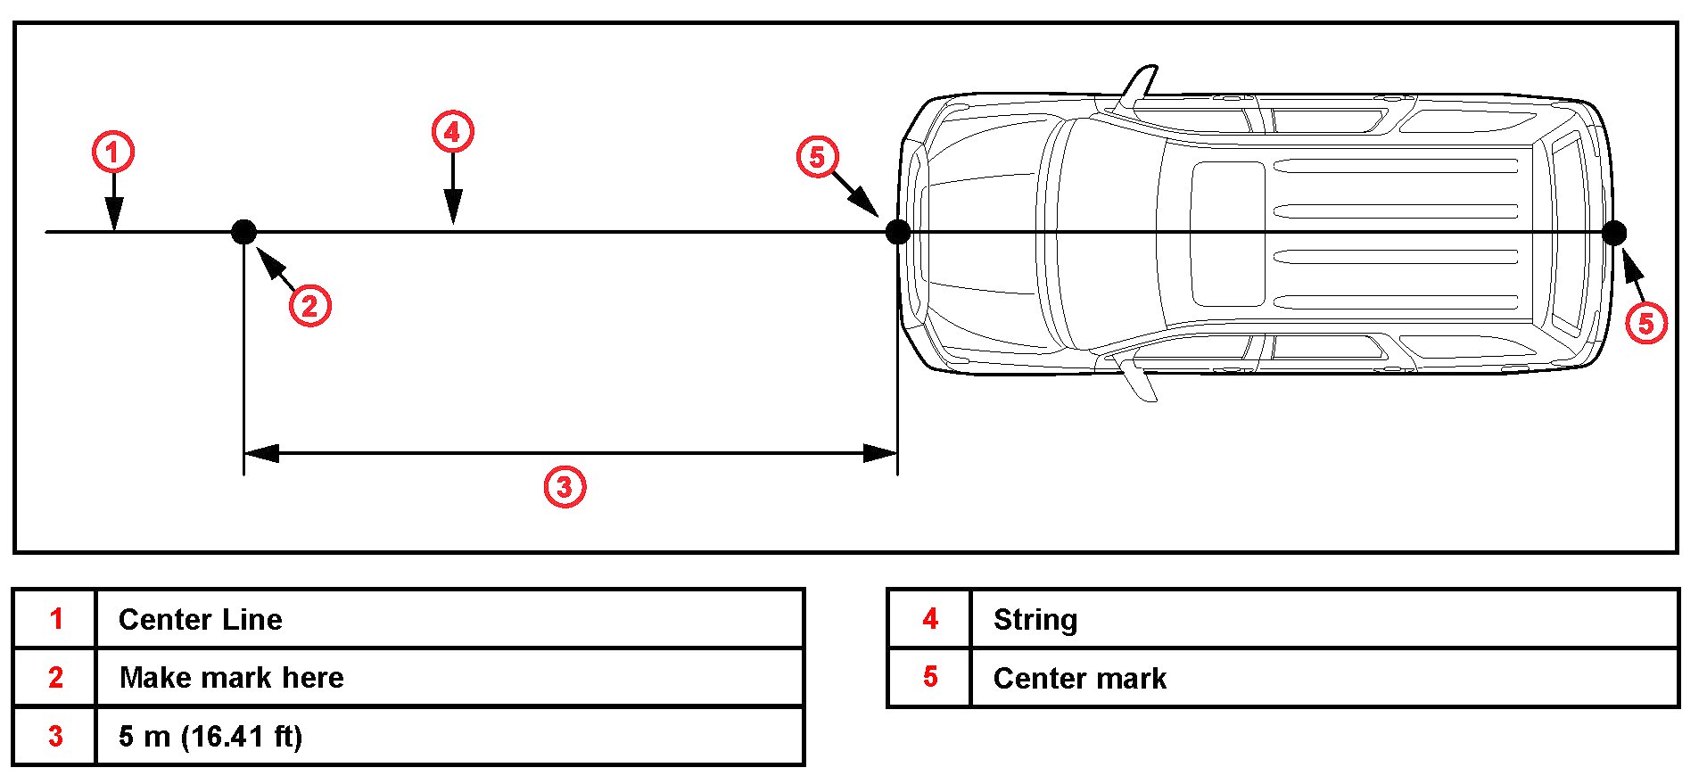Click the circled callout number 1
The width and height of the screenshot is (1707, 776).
(x=113, y=153)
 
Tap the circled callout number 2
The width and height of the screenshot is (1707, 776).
(x=309, y=306)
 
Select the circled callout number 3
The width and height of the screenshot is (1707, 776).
(x=565, y=487)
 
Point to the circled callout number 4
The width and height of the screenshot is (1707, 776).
(x=452, y=133)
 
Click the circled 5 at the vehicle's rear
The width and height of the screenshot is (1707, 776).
(x=1645, y=322)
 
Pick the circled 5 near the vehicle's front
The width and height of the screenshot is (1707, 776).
(x=817, y=158)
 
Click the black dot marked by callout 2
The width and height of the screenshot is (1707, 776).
(x=243, y=232)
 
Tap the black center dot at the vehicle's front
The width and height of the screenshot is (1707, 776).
(x=898, y=232)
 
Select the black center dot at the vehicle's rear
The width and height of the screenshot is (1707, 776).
(x=1613, y=233)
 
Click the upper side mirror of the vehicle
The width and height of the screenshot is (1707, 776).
(x=1138, y=87)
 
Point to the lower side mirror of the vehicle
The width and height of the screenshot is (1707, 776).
(x=1139, y=378)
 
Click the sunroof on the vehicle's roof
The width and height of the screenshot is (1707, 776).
(x=1228, y=234)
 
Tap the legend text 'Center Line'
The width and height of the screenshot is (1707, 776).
(x=200, y=619)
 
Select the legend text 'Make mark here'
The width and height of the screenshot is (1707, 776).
(x=231, y=678)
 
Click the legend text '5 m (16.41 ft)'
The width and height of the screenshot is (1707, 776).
(x=210, y=737)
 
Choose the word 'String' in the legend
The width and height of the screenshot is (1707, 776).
(x=1035, y=619)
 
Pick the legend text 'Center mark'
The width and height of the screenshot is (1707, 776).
(x=1079, y=678)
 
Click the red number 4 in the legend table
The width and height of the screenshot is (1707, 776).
(x=930, y=619)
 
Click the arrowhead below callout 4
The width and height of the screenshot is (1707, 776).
(x=453, y=210)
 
